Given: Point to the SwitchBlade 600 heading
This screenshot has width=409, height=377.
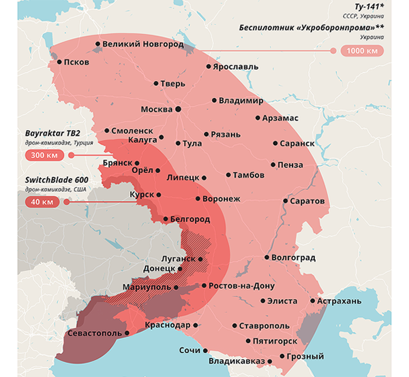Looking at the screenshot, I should pos(52,179).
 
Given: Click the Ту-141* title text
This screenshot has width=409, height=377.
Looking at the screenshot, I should pos(368,5).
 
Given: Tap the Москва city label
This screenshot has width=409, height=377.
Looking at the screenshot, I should pos(156,109).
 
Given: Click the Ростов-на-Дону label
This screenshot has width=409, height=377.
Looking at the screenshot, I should pos(242,286).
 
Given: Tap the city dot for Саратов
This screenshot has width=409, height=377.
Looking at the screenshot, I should pos(286,201).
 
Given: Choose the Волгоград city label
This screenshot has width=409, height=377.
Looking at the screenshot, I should pos(294,258).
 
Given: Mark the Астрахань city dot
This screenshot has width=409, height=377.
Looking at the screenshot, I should pos(312,301).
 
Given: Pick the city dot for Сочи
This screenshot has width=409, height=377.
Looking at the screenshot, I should pos(206,350).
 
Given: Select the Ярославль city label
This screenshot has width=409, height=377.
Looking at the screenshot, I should pos(236,68).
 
